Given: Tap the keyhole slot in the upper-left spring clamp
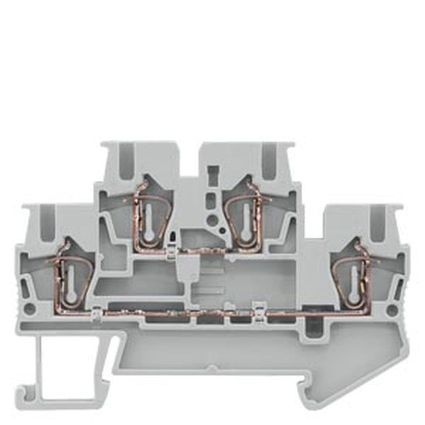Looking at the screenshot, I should point(149,221).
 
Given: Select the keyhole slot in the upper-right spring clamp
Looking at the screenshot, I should point(245,221).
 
